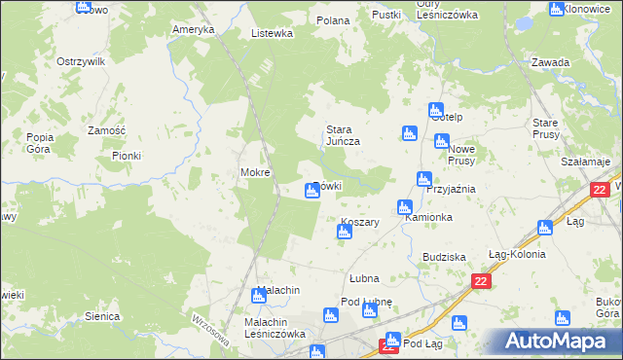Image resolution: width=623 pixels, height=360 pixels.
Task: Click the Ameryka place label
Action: pyautogui.click(x=193, y=29)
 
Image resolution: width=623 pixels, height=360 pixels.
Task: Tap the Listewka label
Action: pyautogui.click(x=272, y=32)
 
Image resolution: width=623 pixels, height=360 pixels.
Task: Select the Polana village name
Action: pyautogui.click(x=333, y=19)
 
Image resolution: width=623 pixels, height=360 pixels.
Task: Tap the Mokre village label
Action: pyautogui.click(x=255, y=172)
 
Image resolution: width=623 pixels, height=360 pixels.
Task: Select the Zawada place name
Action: pyautogui.click(x=551, y=62)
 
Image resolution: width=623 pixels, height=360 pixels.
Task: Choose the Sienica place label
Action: pyautogui.click(x=102, y=316)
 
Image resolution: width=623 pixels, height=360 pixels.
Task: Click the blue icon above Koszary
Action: pyautogui.click(x=345, y=232)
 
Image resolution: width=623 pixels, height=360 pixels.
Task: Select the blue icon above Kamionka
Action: pyautogui.click(x=404, y=207)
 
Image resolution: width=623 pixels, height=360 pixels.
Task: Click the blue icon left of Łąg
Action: pyautogui.click(x=545, y=228)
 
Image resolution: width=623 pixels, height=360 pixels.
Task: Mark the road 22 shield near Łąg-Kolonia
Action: pyautogui.click(x=480, y=281)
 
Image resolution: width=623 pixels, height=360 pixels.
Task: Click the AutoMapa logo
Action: pyautogui.click(x=558, y=341)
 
